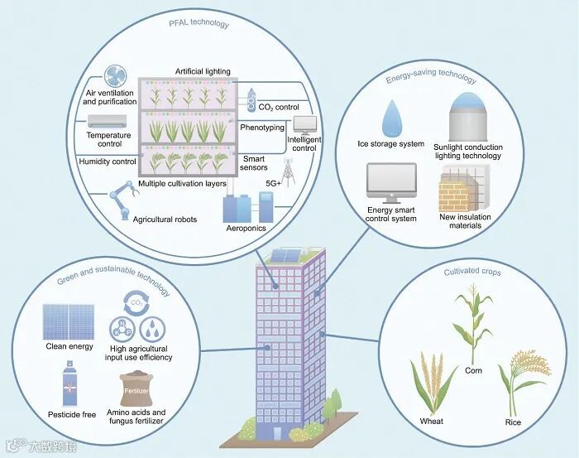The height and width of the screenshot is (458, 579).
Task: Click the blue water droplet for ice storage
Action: (391, 121)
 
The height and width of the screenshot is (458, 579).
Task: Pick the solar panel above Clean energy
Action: (69, 318)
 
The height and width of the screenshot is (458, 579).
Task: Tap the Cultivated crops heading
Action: (472, 272)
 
